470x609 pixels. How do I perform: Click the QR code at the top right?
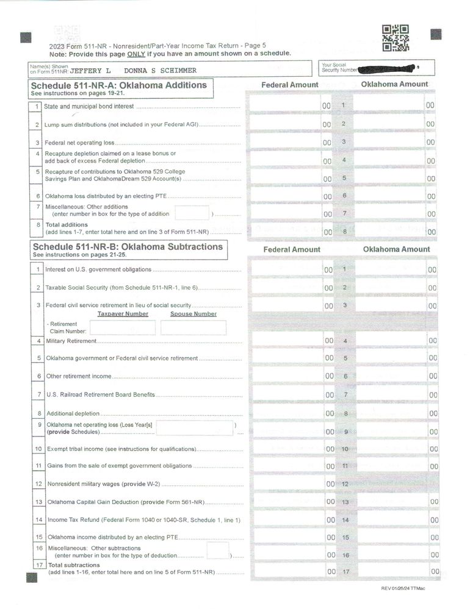pyautogui.click(x=395, y=38)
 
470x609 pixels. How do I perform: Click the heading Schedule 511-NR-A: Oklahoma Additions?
pyautogui.click(x=119, y=85)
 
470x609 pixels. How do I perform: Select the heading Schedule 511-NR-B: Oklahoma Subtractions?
pyautogui.click(x=128, y=247)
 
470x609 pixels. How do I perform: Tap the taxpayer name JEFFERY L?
pyautogui.click(x=91, y=71)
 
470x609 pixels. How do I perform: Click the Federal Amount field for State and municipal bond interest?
pyautogui.click(x=287, y=105)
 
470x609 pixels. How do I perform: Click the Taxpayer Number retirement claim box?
pyautogui.click(x=122, y=327)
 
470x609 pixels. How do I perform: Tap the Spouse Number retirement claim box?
pyautogui.click(x=193, y=327)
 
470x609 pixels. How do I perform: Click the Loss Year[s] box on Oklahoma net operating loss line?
pyautogui.click(x=194, y=428)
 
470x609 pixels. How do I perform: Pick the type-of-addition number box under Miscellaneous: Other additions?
pyautogui.click(x=192, y=213)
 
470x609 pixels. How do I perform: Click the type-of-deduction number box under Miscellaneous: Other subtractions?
pyautogui.click(x=217, y=551)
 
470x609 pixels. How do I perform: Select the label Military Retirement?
pyautogui.click(x=71, y=341)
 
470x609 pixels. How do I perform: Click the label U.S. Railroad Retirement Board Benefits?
pyautogui.click(x=101, y=394)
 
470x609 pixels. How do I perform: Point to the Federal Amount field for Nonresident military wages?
pyautogui.click(x=287, y=483)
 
